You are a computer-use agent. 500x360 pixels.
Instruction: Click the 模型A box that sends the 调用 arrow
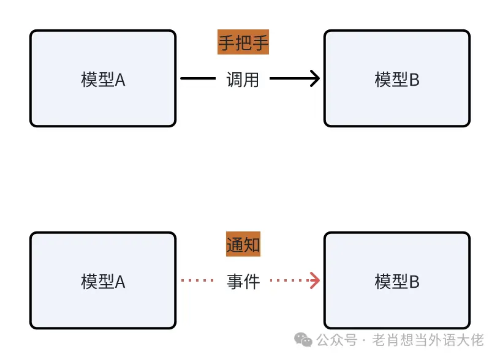(x=103, y=79)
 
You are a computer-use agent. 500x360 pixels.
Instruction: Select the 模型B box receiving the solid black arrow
(x=397, y=79)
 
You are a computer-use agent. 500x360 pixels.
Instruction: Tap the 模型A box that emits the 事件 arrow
(x=103, y=281)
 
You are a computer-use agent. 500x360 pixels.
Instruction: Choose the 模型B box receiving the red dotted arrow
(x=397, y=281)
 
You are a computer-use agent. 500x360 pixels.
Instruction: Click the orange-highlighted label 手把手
(x=243, y=43)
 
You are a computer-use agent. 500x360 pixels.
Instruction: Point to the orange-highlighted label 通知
(x=243, y=245)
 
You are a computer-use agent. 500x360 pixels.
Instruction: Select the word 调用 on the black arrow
(x=243, y=79)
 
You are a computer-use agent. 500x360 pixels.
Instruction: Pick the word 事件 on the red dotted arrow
(x=243, y=281)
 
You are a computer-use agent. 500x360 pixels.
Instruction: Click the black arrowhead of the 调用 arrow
(x=315, y=79)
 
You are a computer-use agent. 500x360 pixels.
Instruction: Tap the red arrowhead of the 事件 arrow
(x=315, y=281)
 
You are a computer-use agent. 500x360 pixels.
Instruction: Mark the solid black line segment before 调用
(x=198, y=79)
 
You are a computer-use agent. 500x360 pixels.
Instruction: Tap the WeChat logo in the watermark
(x=303, y=340)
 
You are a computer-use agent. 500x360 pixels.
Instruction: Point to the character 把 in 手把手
(x=243, y=43)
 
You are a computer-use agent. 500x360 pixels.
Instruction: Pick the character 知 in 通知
(x=252, y=245)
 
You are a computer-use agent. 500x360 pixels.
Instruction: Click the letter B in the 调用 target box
(x=414, y=80)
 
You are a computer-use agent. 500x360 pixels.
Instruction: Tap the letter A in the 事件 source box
(x=120, y=282)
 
